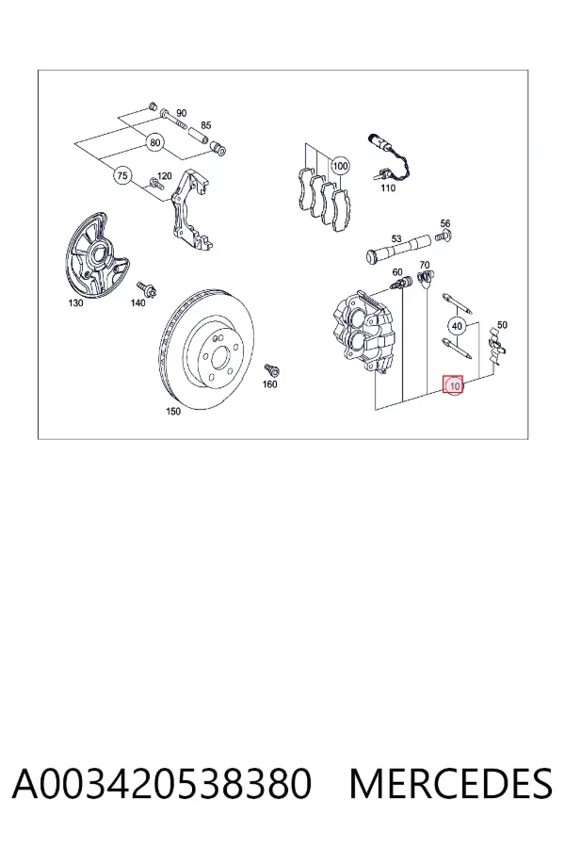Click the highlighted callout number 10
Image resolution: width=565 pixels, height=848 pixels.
[x=454, y=385]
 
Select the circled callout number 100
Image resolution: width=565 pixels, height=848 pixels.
[x=340, y=166]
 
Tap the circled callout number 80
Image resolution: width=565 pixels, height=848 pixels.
[x=155, y=143]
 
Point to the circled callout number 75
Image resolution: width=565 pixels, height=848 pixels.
[x=122, y=176]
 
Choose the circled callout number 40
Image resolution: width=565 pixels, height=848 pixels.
[x=458, y=326]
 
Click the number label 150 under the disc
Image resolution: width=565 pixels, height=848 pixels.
[x=173, y=412]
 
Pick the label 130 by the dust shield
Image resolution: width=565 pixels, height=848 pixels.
[x=75, y=302]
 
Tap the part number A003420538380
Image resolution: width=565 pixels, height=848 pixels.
[x=162, y=783]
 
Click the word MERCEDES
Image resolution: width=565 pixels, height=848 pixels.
[x=451, y=783]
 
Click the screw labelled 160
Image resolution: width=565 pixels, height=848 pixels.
[x=271, y=370]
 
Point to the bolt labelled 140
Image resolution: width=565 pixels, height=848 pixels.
[x=146, y=289]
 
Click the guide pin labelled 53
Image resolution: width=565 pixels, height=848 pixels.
[x=397, y=249]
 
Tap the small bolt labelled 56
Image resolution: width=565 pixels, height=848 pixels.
[x=444, y=236]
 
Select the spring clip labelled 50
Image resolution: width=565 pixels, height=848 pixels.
[x=496, y=346]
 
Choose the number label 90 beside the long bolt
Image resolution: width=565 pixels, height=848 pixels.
[x=181, y=113]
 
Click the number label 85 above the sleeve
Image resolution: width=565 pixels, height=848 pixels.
[x=206, y=125]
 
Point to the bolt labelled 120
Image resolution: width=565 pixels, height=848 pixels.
[x=155, y=184]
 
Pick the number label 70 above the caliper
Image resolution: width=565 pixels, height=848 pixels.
[x=425, y=265]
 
